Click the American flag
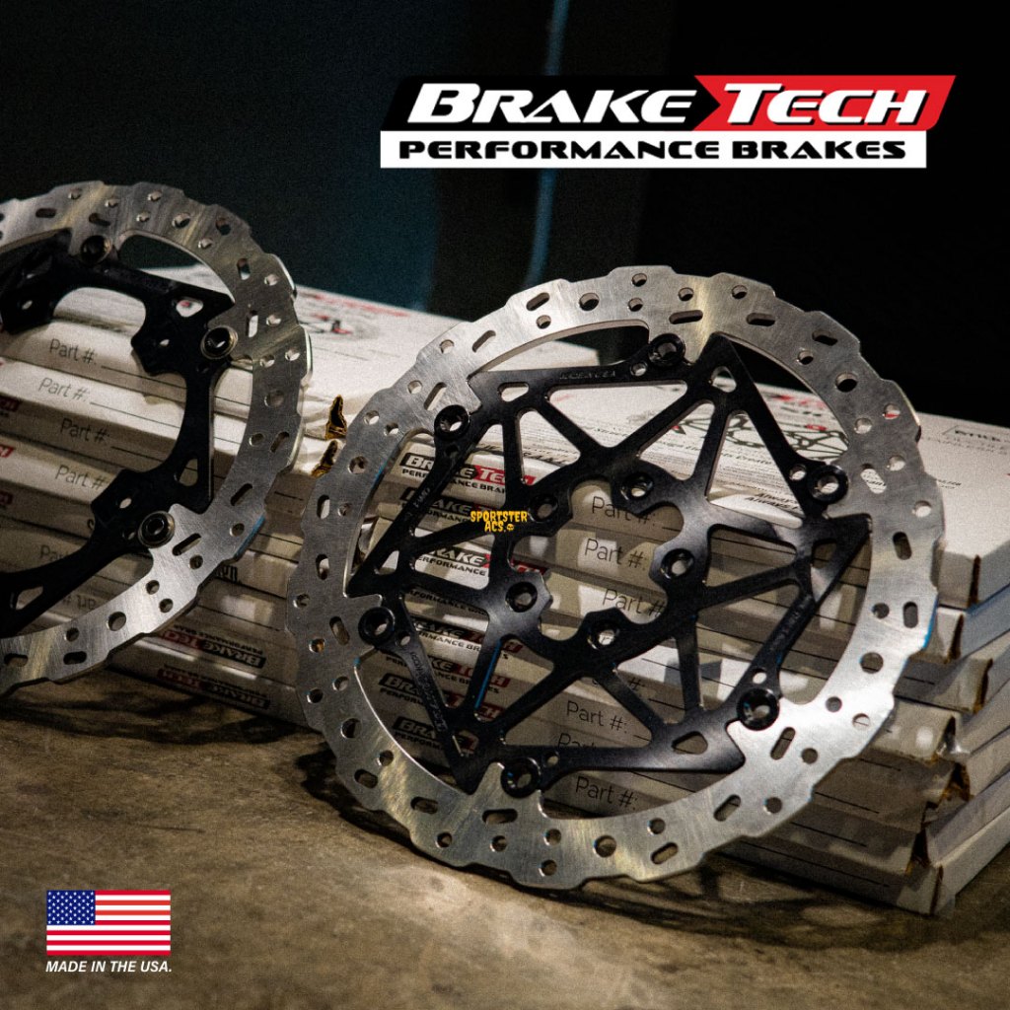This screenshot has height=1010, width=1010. [108, 922]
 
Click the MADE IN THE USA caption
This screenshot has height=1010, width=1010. [108, 967]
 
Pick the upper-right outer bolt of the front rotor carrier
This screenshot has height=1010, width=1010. [827, 483]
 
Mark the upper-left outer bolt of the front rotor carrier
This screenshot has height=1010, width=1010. [452, 422]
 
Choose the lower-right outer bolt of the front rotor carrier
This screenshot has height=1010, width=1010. [757, 706]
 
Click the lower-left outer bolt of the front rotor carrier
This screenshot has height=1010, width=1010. [376, 624]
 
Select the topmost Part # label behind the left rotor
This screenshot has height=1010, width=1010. [74, 350]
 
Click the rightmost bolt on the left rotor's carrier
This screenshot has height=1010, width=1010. [219, 342]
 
